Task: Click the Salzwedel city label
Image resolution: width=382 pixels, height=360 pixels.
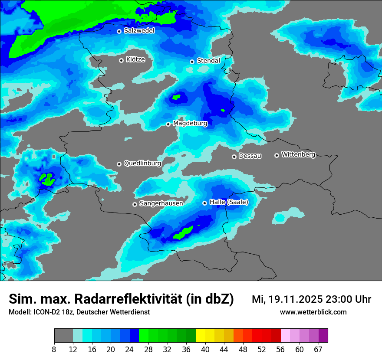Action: pos(139,31)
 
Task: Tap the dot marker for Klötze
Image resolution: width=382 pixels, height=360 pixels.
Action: pos(122,60)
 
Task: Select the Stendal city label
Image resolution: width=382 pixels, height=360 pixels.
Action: pos(208,61)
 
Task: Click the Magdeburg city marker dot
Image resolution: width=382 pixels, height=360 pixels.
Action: pos(168,124)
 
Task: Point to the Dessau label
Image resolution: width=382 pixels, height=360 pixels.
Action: pos(250,156)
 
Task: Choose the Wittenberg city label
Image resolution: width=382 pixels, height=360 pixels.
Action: pos(298,154)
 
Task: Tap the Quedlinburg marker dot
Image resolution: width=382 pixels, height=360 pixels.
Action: pos(119,164)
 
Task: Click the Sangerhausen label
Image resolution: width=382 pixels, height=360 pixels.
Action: pos(161,203)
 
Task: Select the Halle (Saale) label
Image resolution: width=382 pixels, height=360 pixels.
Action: pos(229,202)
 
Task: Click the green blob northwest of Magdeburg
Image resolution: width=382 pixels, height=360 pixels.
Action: pos(176,97)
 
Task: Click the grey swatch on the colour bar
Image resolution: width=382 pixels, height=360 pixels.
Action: pos(63,335)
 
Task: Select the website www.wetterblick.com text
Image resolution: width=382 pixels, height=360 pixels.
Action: pos(313,312)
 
